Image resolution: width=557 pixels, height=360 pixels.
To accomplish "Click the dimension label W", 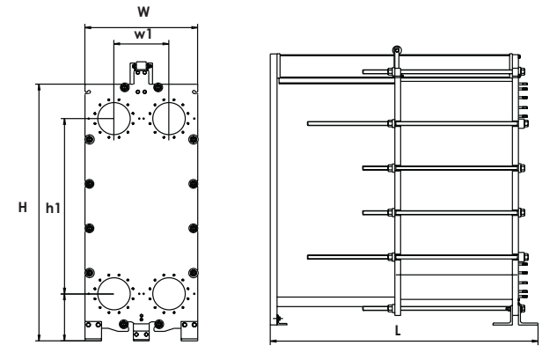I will [x=140, y=12].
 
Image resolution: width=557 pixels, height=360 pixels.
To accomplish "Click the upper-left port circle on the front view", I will [x=113, y=118].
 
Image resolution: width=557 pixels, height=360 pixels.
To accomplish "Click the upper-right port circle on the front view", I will [x=169, y=118].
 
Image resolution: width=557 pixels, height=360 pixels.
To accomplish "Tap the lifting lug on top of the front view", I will [x=140, y=70].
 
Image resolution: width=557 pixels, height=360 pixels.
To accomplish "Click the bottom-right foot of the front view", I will [x=188, y=331].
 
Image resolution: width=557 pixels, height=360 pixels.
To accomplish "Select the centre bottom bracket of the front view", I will [x=140, y=333].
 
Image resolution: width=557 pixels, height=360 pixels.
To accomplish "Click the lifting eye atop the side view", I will [x=397, y=50].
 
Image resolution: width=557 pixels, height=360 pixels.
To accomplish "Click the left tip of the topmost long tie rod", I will [x=309, y=122].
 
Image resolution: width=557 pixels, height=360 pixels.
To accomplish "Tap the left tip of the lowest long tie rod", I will [x=309, y=256].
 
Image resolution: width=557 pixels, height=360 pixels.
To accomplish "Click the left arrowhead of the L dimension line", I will [x=271, y=341].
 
